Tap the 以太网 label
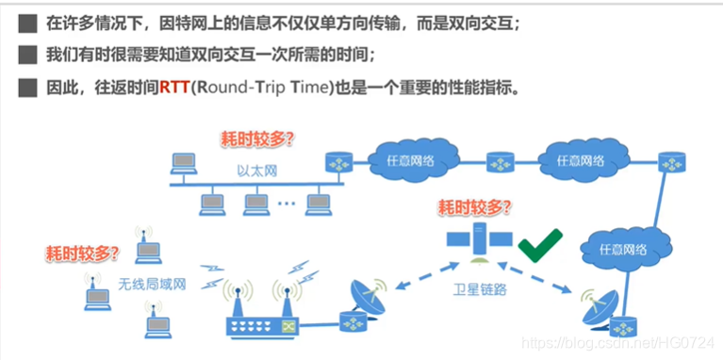(255, 172)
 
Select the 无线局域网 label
(153, 283)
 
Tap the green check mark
(541, 247)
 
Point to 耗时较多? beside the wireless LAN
(83, 253)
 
